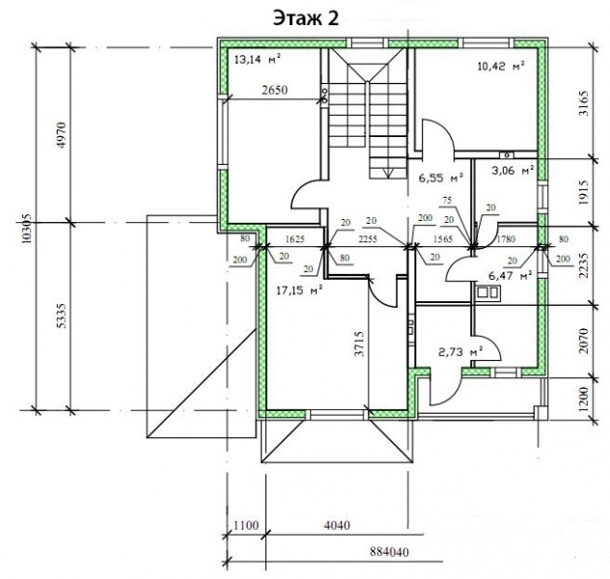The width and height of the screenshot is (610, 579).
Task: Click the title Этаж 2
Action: click(x=306, y=18)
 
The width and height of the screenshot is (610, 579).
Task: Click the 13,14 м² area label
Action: click(x=258, y=59)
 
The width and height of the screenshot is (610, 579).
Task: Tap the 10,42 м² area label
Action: click(x=501, y=66)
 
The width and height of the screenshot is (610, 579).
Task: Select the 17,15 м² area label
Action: click(x=300, y=289)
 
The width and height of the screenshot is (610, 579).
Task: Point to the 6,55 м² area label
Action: click(x=441, y=179)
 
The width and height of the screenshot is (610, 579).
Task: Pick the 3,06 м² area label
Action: click(x=512, y=170)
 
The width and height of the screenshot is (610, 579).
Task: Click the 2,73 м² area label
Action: click(x=460, y=352)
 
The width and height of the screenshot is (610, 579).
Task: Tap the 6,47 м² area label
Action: click(x=510, y=276)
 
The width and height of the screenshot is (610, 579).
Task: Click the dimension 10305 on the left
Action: click(x=28, y=229)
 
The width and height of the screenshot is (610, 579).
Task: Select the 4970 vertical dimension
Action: click(x=62, y=134)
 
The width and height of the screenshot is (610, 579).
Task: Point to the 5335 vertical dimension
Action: click(x=62, y=316)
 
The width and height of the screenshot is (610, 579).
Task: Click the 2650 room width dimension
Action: click(x=275, y=90)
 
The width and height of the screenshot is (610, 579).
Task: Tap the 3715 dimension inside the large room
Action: click(x=359, y=343)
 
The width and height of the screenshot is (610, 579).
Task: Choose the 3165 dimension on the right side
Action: click(x=584, y=103)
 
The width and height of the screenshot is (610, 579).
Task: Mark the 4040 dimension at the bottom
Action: click(x=337, y=525)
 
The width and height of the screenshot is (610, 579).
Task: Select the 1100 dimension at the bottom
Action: click(x=246, y=525)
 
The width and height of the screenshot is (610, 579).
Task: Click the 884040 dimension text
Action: click(x=389, y=552)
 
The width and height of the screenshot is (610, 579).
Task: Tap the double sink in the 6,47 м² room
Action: click(x=486, y=292)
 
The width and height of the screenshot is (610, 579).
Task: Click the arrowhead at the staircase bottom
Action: click(x=387, y=173)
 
